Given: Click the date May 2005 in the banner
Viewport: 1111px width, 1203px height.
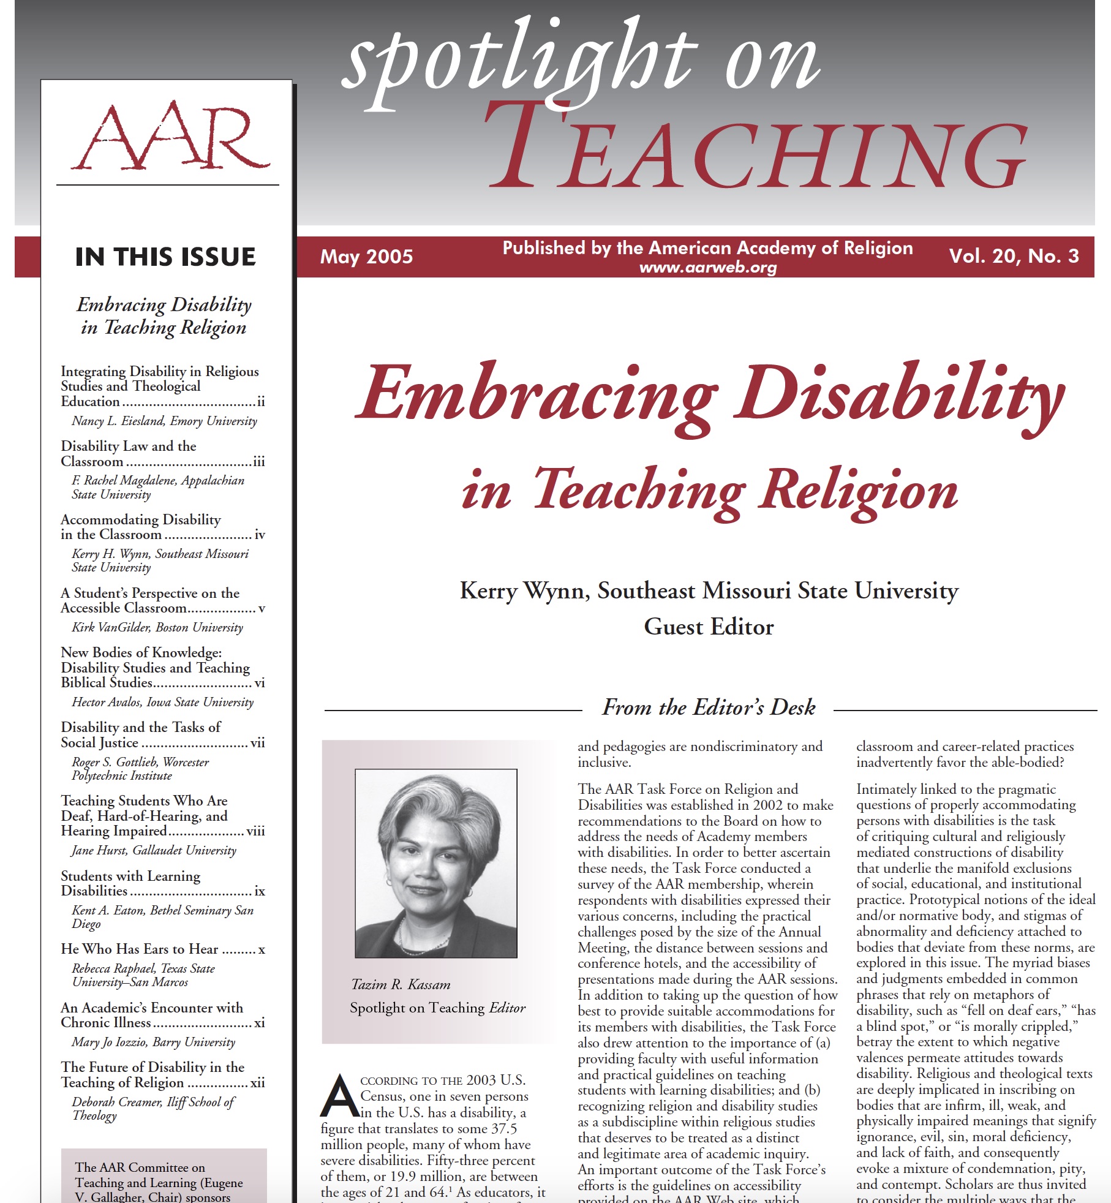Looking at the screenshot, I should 366,256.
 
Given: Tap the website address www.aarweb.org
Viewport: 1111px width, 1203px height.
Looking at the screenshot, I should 707,268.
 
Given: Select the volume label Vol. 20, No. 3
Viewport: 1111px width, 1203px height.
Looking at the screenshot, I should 1014,255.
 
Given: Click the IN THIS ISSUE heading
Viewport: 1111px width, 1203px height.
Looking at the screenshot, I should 165,257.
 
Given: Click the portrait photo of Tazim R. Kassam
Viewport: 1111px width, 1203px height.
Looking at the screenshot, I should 436,863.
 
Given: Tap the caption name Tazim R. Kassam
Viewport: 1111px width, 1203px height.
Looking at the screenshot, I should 401,984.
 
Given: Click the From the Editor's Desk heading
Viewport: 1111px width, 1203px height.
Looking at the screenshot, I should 709,707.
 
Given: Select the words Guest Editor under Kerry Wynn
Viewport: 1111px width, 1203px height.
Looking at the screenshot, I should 709,627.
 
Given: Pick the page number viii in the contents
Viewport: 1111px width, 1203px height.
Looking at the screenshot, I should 255,831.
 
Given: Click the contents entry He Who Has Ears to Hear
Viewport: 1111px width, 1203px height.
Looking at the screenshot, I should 140,949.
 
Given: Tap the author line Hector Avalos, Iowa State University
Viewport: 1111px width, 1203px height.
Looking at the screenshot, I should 162,702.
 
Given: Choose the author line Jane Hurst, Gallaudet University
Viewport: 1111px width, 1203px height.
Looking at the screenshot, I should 154,850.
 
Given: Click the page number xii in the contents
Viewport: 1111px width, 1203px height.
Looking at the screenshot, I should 257,1082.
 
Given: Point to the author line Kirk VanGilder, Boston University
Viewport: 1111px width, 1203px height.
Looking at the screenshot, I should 157,627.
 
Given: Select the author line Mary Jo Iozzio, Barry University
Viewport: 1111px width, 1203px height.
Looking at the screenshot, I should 153,1042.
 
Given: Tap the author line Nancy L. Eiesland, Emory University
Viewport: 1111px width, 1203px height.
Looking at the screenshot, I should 164,421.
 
